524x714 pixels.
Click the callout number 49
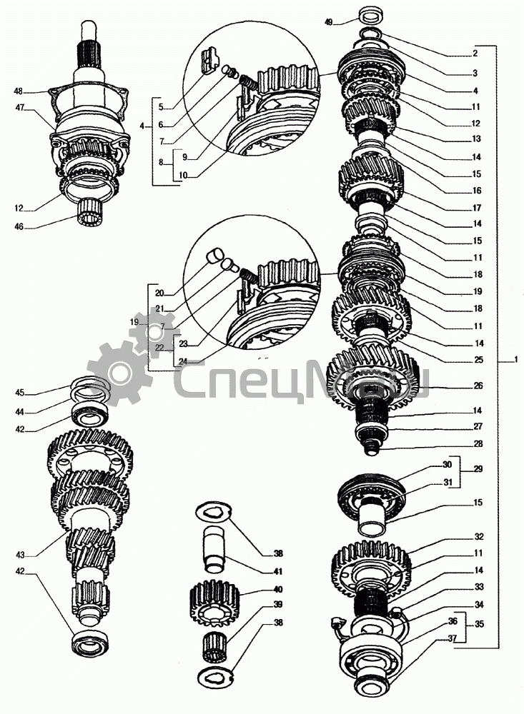(329, 23)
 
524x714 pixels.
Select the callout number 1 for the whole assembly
(513, 359)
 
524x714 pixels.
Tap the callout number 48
(18, 91)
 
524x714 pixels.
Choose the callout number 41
(278, 571)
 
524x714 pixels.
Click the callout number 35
(478, 623)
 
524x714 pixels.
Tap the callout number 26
(478, 386)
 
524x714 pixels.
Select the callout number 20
(159, 293)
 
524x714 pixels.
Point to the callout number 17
(477, 208)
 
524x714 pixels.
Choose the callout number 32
(478, 536)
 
